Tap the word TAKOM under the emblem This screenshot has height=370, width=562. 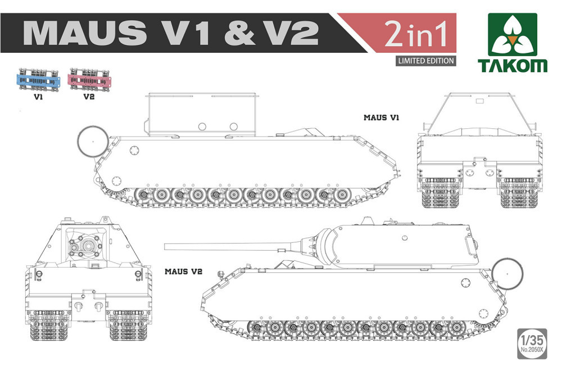click(x=513, y=66)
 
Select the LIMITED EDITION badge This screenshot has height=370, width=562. click(x=425, y=61)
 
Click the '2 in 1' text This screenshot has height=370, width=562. click(x=416, y=34)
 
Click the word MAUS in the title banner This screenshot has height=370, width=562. click(x=85, y=33)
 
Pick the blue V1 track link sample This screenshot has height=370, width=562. click(x=38, y=80)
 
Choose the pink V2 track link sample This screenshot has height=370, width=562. click(x=89, y=80)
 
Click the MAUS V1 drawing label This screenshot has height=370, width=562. click(x=381, y=118)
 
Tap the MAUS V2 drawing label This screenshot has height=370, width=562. click(x=183, y=272)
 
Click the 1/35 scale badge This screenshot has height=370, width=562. click(x=532, y=344)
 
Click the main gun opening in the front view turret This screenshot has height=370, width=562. click(x=87, y=246)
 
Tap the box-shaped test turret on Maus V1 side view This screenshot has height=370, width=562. click(x=203, y=115)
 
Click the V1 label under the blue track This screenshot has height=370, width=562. click(x=38, y=97)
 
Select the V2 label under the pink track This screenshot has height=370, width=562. click(x=89, y=97)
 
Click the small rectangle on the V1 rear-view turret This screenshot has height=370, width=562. click(x=479, y=101)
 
